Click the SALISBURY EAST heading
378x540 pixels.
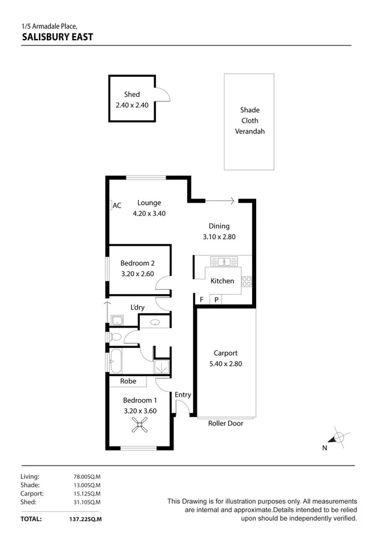point(57,37)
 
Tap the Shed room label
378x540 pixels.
point(132,94)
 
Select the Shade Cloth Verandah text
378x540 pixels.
point(250,121)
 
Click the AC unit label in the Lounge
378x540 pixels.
point(116,205)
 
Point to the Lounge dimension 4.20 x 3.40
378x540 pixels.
point(148,214)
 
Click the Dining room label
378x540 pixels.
point(219,226)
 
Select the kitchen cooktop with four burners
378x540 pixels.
point(246,280)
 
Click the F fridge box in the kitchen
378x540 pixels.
point(202,299)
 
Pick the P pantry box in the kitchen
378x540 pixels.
point(215,299)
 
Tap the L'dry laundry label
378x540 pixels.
point(137,308)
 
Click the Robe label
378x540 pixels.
point(128,381)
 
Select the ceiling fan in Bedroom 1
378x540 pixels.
point(139,425)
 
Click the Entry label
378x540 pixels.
point(183,395)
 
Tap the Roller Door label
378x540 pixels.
point(224,423)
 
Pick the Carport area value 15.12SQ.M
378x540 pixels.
point(86,493)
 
